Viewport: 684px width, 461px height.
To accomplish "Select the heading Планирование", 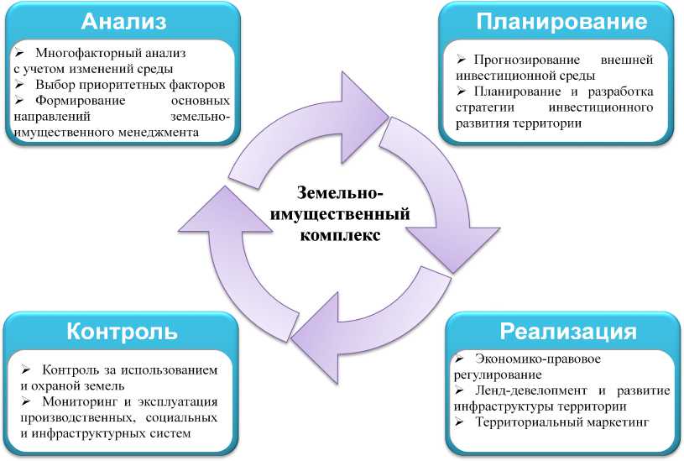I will [561, 21].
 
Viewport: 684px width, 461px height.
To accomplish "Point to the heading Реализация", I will [567, 330].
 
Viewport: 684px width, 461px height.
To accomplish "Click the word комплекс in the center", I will [341, 234].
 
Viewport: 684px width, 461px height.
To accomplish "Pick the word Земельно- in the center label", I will [341, 194].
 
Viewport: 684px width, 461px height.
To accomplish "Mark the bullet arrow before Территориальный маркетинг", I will [459, 423].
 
